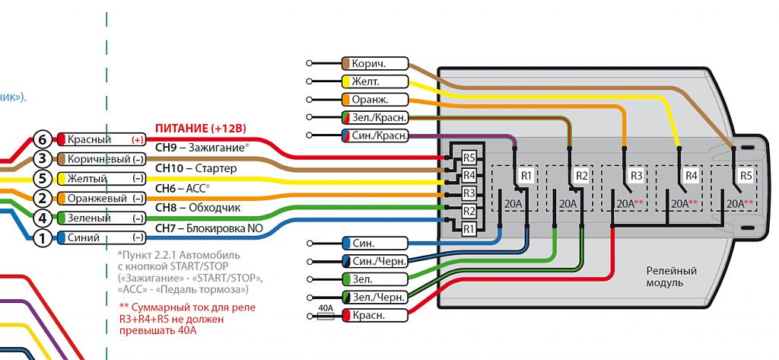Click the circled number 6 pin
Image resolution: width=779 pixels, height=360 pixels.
43,139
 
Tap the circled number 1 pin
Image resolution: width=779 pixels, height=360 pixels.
43,238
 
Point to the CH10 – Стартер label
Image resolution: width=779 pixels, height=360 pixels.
196,167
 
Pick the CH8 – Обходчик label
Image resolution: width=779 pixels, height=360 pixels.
197,207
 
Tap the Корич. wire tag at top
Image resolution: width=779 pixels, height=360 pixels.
375,64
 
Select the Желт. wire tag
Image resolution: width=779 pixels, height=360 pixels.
375,81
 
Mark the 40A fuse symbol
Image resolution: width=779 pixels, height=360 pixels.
325,314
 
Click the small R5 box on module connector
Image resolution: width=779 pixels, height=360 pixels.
469,158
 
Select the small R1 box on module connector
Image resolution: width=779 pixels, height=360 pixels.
469,228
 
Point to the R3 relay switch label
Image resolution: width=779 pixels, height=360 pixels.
636,176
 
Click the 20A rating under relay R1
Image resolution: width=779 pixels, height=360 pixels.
514,204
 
